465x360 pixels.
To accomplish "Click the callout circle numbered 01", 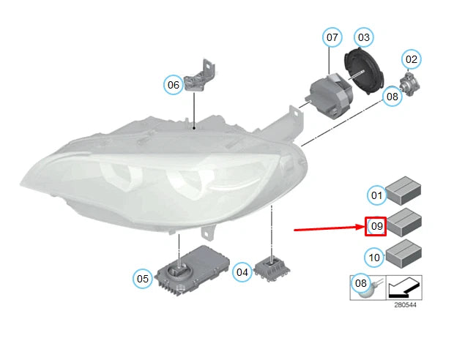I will (x=376, y=195).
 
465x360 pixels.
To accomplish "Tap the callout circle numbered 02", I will (x=412, y=59).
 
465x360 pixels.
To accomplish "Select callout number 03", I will (x=364, y=37).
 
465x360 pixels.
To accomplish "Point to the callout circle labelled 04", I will (x=242, y=272).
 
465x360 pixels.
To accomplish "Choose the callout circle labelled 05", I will (x=142, y=278).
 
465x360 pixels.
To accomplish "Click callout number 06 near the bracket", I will (x=173, y=85).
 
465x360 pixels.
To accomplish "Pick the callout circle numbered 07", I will (x=332, y=37).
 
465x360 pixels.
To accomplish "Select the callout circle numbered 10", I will (x=374, y=258).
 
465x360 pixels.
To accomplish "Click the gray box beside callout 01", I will (x=403, y=190).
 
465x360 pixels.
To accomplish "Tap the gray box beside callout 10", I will (x=403, y=253).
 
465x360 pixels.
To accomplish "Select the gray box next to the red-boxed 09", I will (x=403, y=221).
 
